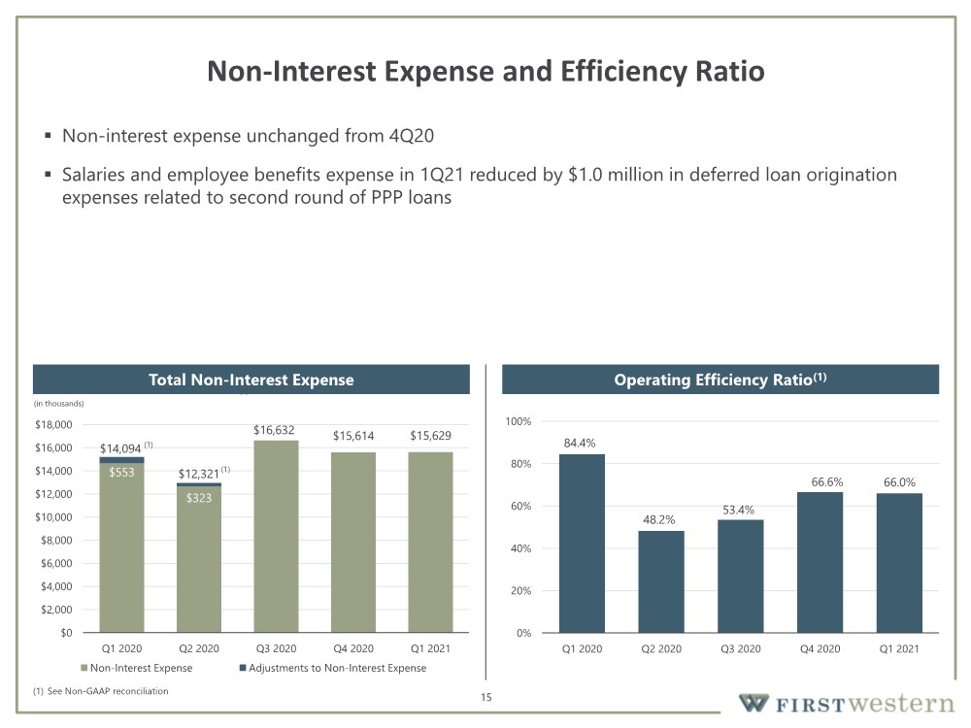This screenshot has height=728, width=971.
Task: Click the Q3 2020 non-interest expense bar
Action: click(x=276, y=536)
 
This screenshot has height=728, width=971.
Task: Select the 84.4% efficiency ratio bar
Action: click(x=582, y=544)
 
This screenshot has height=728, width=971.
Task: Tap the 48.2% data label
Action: click(x=658, y=519)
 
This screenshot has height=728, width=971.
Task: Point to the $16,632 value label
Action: click(x=274, y=430)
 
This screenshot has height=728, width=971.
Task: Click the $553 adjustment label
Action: click(x=121, y=473)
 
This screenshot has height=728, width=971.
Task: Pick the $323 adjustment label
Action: click(x=199, y=498)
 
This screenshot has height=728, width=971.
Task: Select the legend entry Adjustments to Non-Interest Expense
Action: click(x=333, y=668)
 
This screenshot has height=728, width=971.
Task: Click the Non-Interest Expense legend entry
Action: click(x=137, y=668)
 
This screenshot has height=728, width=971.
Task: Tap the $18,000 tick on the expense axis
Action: click(x=53, y=425)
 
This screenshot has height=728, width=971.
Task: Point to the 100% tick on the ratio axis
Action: click(x=519, y=421)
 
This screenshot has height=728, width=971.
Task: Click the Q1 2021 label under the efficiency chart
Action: click(x=899, y=648)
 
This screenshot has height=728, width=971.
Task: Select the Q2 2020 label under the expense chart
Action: click(x=199, y=648)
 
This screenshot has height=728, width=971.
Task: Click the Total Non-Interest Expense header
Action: click(x=251, y=380)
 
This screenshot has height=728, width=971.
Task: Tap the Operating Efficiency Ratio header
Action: click(x=720, y=380)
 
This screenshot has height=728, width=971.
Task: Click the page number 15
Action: click(x=486, y=697)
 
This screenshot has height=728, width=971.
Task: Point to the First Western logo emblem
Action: click(x=754, y=703)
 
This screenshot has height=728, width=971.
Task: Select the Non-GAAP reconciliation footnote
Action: click(x=100, y=691)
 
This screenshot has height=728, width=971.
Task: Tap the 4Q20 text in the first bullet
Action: click(x=411, y=136)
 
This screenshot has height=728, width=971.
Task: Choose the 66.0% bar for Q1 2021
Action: click(x=899, y=563)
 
